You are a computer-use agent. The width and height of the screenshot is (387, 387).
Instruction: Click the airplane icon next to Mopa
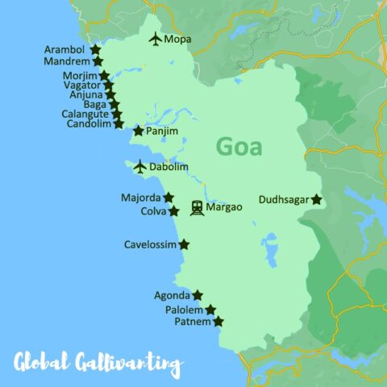pyautogui.click(x=155, y=39)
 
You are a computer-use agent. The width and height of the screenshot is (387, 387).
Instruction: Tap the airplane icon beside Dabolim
pyautogui.click(x=140, y=167)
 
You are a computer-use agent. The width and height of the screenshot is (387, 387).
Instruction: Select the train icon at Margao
pyautogui.click(x=197, y=208)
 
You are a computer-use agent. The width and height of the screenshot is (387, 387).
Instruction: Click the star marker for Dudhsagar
pyautogui.click(x=317, y=199)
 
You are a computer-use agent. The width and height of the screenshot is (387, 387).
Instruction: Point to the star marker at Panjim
pyautogui.click(x=139, y=131)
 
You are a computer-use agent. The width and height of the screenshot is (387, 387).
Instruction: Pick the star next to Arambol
pyautogui.click(x=95, y=49)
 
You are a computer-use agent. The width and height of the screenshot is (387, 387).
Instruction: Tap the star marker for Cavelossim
pyautogui.click(x=184, y=244)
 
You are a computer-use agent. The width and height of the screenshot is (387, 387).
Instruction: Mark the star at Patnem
pyautogui.click(x=218, y=322)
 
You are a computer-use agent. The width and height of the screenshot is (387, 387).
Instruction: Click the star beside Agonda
pyautogui.click(x=198, y=295)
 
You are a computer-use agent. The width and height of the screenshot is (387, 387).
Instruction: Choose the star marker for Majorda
pyautogui.click(x=168, y=198)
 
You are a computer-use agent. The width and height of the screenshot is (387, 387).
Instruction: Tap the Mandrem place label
pyautogui.click(x=67, y=61)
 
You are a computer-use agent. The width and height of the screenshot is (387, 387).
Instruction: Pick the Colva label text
pyautogui.click(x=153, y=212)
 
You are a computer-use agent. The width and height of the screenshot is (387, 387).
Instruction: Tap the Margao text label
pyautogui.click(x=225, y=208)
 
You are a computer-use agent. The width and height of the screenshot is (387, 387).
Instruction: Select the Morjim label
pyautogui.click(x=79, y=75)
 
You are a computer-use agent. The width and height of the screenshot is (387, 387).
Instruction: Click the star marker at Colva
pyautogui.click(x=173, y=211)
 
